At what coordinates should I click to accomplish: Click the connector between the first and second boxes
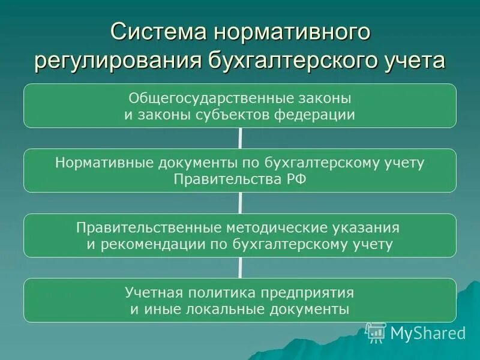click(x=240, y=139)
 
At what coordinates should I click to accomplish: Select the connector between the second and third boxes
click(x=240, y=203)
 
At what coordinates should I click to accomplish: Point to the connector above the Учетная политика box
click(x=240, y=268)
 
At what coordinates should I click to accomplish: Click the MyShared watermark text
click(x=427, y=332)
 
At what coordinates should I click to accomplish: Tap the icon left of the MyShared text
click(x=376, y=332)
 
